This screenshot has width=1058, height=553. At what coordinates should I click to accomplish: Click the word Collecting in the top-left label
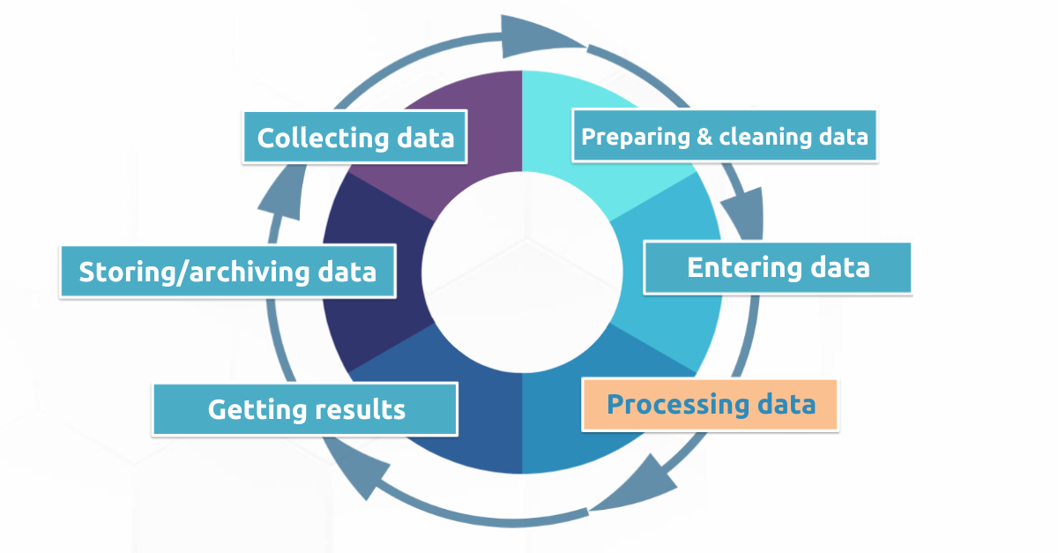point(323,138)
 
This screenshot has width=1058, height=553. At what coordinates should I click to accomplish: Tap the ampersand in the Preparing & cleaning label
point(704,137)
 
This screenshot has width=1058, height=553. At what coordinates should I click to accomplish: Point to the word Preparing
point(636,138)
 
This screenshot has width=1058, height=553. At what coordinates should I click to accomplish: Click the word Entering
point(744,267)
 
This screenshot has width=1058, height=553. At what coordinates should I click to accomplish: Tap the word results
point(360,409)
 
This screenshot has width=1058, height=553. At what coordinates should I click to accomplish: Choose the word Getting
point(257,410)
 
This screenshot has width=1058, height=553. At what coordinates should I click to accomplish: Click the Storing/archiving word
point(194,273)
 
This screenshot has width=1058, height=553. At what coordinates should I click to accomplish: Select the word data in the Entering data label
point(840,267)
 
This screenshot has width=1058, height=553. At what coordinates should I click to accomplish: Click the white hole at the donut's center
point(522,273)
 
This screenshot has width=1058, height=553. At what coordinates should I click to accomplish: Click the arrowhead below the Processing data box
point(643,484)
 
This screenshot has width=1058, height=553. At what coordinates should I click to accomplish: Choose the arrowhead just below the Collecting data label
point(283,194)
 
